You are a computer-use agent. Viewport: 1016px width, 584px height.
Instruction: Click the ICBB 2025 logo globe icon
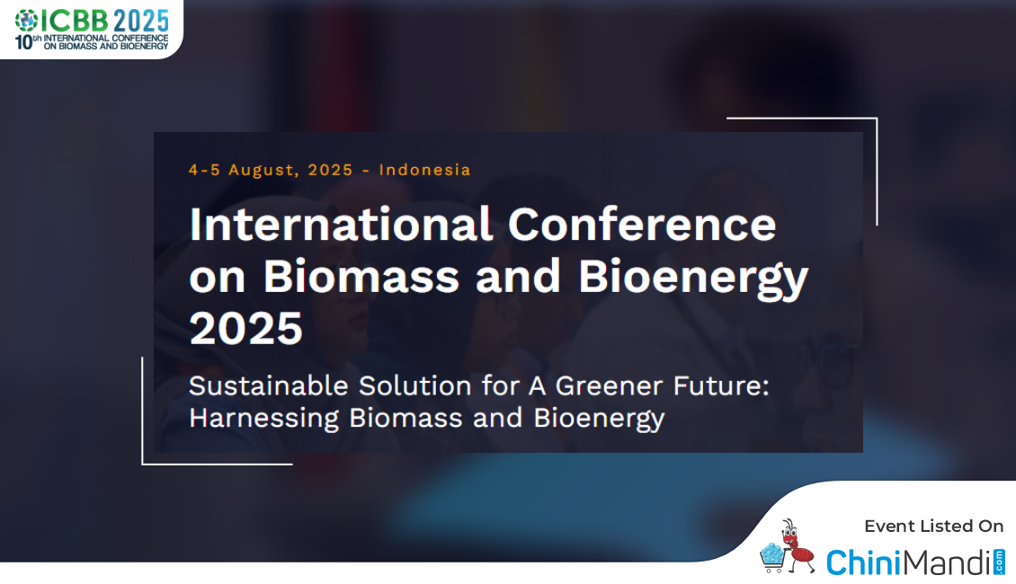(27, 21)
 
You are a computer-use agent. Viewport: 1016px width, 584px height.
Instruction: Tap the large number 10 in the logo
(23, 43)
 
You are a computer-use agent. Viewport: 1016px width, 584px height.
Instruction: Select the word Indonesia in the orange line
(424, 170)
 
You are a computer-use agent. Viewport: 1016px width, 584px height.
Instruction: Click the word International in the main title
(341, 225)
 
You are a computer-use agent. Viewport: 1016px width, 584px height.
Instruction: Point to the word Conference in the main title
(641, 225)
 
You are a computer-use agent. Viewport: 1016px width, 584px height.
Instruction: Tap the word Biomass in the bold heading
(361, 277)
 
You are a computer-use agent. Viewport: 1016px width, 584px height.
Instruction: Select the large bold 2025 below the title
(246, 329)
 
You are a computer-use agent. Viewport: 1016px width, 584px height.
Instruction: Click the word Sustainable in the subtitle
(269, 385)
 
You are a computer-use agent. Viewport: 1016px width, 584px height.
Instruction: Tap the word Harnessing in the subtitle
(264, 419)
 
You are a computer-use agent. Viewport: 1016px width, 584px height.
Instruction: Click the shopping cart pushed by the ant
(773, 558)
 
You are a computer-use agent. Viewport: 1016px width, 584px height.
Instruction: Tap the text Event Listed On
(933, 526)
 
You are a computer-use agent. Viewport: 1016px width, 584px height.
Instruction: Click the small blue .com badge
(999, 562)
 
